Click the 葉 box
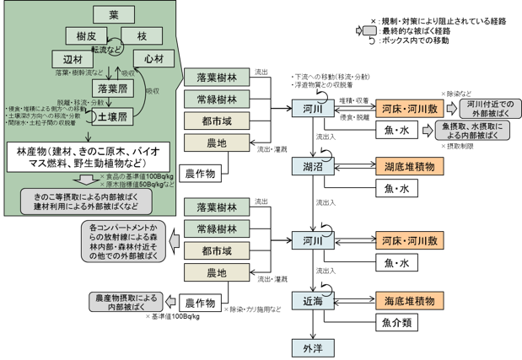point(115,15)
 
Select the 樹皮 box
point(84,35)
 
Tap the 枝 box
point(141,35)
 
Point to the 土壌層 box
point(111,116)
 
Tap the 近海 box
point(306,298)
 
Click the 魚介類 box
point(396,321)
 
